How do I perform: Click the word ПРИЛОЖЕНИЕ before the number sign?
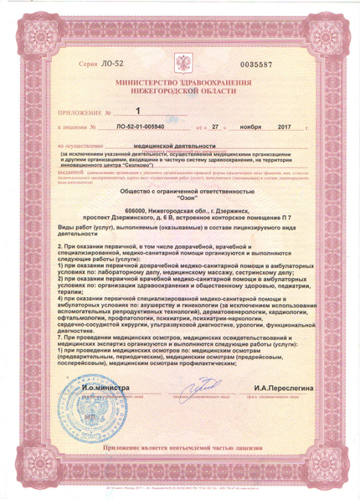coord(80,111)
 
